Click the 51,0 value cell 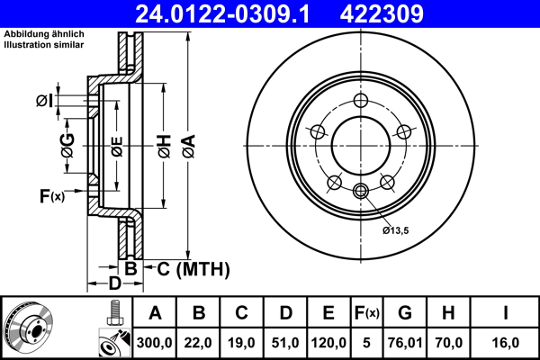286,343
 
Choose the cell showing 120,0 329,343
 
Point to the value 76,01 405,343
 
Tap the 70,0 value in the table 449,343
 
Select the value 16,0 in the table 506,343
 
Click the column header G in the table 405,314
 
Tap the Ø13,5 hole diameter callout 395,231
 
